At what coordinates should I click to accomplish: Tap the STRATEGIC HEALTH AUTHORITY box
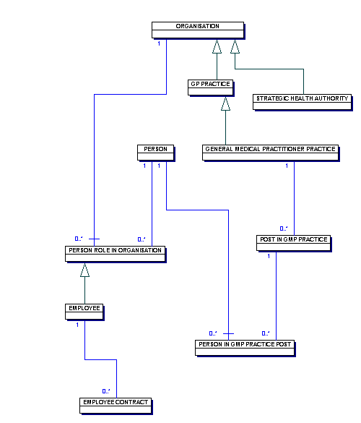tap(302, 101)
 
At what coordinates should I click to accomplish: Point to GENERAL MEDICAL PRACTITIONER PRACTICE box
tap(270, 151)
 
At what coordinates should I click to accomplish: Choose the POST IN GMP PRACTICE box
tap(292, 242)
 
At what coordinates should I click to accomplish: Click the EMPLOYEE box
tap(84, 310)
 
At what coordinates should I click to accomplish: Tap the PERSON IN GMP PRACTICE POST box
tap(245, 346)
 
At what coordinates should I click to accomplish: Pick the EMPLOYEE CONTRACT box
tap(116, 403)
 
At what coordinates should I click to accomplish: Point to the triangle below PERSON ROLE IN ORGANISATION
tap(85, 270)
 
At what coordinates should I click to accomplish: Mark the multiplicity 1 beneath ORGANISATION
tap(159, 44)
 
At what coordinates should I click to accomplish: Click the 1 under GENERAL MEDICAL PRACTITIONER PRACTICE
tap(287, 166)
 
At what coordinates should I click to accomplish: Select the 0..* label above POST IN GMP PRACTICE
tap(284, 228)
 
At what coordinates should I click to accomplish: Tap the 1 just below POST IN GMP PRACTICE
tap(269, 256)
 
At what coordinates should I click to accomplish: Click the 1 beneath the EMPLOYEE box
tap(78, 325)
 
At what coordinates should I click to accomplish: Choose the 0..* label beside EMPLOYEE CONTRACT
tap(105, 390)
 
